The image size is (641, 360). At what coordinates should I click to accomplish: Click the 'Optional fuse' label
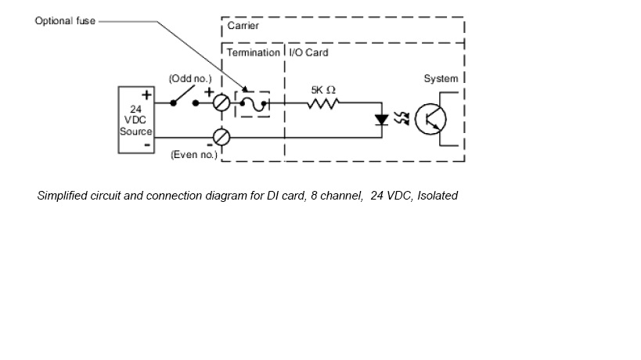pyautogui.click(x=65, y=20)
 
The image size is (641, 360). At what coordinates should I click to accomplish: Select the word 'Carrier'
pyautogui.click(x=243, y=27)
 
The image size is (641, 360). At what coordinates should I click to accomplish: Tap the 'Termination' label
pyautogui.click(x=253, y=52)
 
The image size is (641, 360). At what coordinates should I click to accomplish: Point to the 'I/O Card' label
pyautogui.click(x=309, y=52)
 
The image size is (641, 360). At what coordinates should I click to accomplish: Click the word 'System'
pyautogui.click(x=441, y=78)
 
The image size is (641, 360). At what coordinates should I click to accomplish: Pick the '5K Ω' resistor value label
pyautogui.click(x=322, y=89)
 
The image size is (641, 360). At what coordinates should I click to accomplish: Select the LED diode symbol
pyautogui.click(x=382, y=120)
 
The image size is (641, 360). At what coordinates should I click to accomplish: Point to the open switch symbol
pyautogui.click(x=185, y=95)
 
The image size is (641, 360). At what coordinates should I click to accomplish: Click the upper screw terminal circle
pyautogui.click(x=221, y=102)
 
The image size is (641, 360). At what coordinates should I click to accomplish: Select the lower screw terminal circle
pyautogui.click(x=221, y=137)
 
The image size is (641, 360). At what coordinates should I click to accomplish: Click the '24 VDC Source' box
pyautogui.click(x=135, y=120)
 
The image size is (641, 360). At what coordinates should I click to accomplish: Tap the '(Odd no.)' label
pyautogui.click(x=185, y=79)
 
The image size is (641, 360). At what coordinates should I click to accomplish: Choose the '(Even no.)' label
pyautogui.click(x=193, y=155)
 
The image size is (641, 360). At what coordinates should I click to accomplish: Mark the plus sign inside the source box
pyautogui.click(x=146, y=95)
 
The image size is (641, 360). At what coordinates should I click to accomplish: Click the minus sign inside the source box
pyautogui.click(x=146, y=146)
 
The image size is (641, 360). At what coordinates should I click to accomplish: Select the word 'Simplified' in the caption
pyautogui.click(x=61, y=196)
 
